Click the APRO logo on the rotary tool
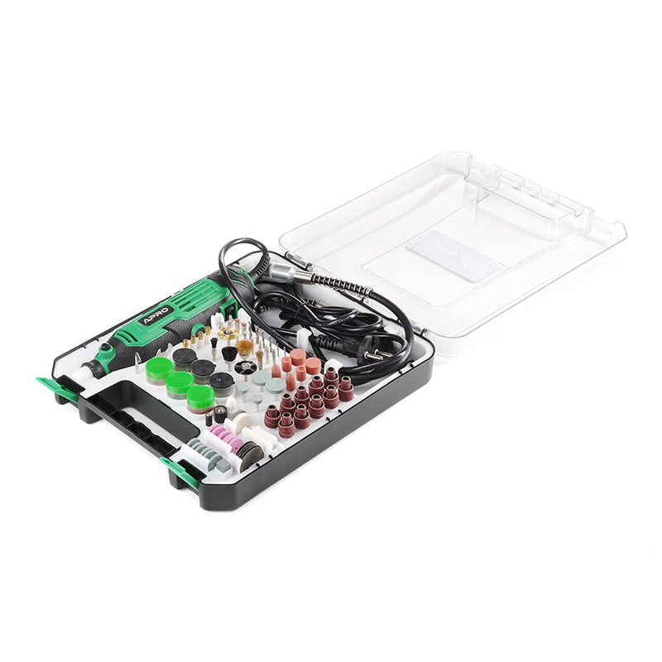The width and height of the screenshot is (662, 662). [x=156, y=315]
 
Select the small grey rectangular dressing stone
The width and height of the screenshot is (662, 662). [x=223, y=465]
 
